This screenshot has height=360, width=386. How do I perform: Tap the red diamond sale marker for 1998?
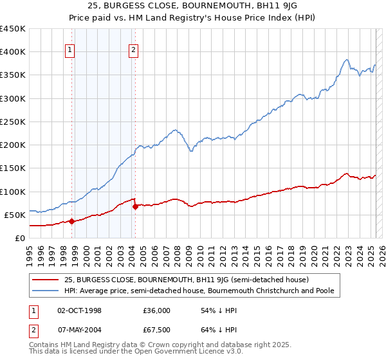(x=71, y=221)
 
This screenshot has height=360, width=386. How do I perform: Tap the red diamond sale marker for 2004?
(x=135, y=206)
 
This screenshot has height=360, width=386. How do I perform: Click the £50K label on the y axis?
(x=15, y=215)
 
